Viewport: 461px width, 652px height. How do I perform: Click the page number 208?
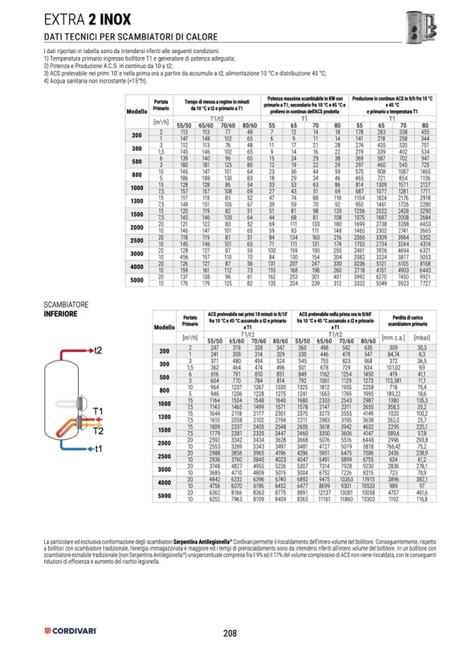coord(230,633)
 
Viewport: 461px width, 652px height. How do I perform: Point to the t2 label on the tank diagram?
coord(97,349)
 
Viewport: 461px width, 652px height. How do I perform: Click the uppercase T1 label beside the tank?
coord(98,412)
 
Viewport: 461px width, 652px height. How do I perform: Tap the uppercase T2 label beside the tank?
coord(98,430)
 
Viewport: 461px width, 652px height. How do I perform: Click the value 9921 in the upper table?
coord(424,277)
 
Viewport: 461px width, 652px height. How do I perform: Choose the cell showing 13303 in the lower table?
coord(368,498)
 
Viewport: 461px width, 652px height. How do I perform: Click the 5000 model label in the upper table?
coord(137,280)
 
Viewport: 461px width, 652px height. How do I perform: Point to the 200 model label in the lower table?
coord(164,351)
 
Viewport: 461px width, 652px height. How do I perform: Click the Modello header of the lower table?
coord(164,327)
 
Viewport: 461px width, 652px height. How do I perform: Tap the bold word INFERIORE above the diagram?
coord(61,315)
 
